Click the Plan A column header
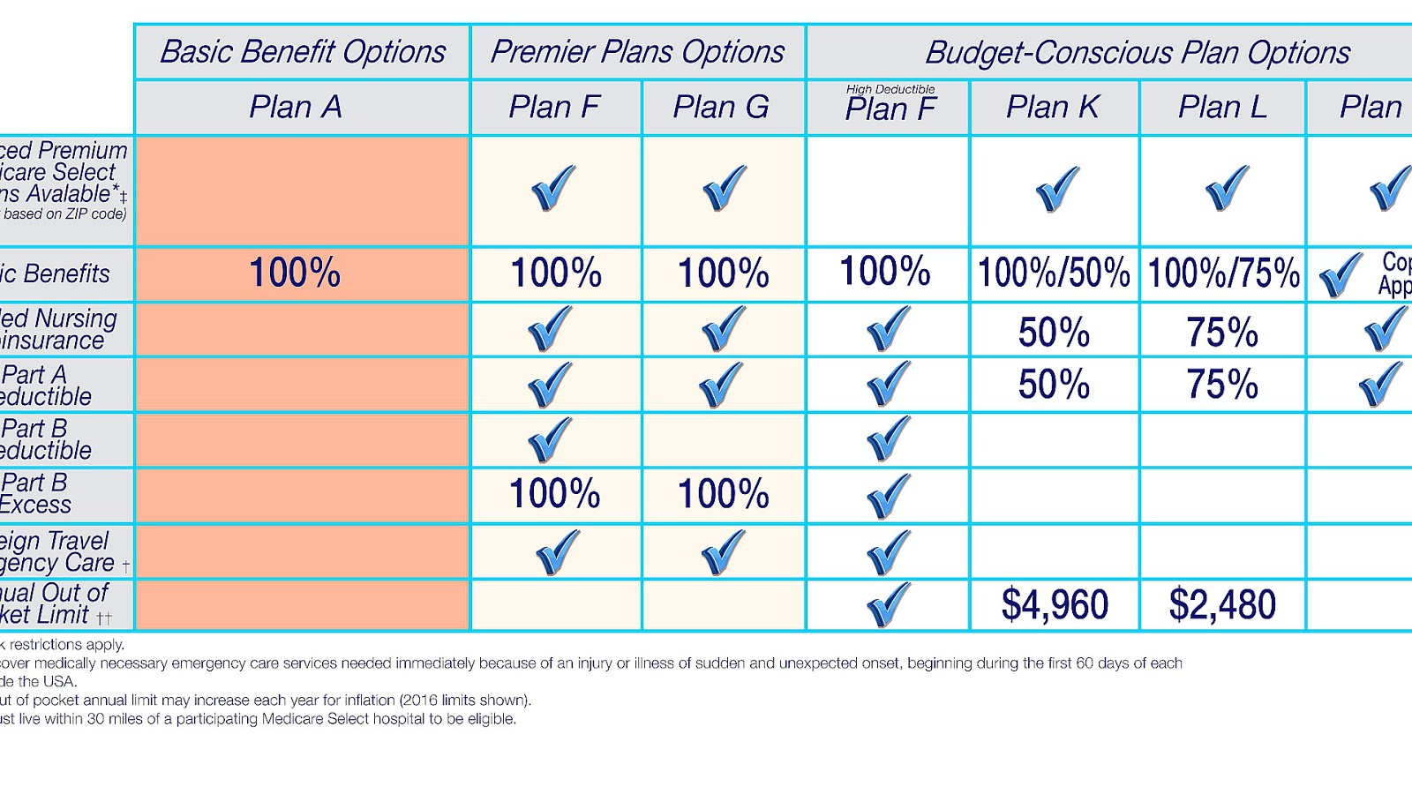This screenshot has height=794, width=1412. (x=295, y=107)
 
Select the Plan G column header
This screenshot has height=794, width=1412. (x=720, y=107)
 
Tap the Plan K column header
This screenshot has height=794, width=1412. (x=1052, y=107)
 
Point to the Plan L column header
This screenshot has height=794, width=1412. (x=1222, y=107)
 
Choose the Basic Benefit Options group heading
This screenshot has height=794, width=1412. (x=303, y=52)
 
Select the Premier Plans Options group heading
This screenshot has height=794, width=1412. (x=637, y=52)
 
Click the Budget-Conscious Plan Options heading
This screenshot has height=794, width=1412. (x=1137, y=53)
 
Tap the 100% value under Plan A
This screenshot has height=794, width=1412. (x=295, y=273)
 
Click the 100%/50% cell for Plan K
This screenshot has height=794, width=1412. (x=1054, y=273)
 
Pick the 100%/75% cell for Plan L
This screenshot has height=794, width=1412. (x=1223, y=273)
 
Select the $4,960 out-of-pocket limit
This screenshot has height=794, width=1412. (x=1055, y=604)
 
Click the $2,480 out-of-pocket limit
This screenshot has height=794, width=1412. (x=1222, y=604)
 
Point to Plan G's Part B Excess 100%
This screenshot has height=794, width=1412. (x=723, y=494)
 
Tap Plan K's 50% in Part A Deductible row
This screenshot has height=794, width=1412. (x=1054, y=385)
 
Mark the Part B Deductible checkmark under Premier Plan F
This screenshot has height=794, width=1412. (x=550, y=438)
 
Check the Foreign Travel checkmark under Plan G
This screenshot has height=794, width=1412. (x=723, y=551)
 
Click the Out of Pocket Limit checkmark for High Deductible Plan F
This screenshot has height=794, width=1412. (x=888, y=604)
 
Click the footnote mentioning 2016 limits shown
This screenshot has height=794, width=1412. (x=265, y=700)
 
